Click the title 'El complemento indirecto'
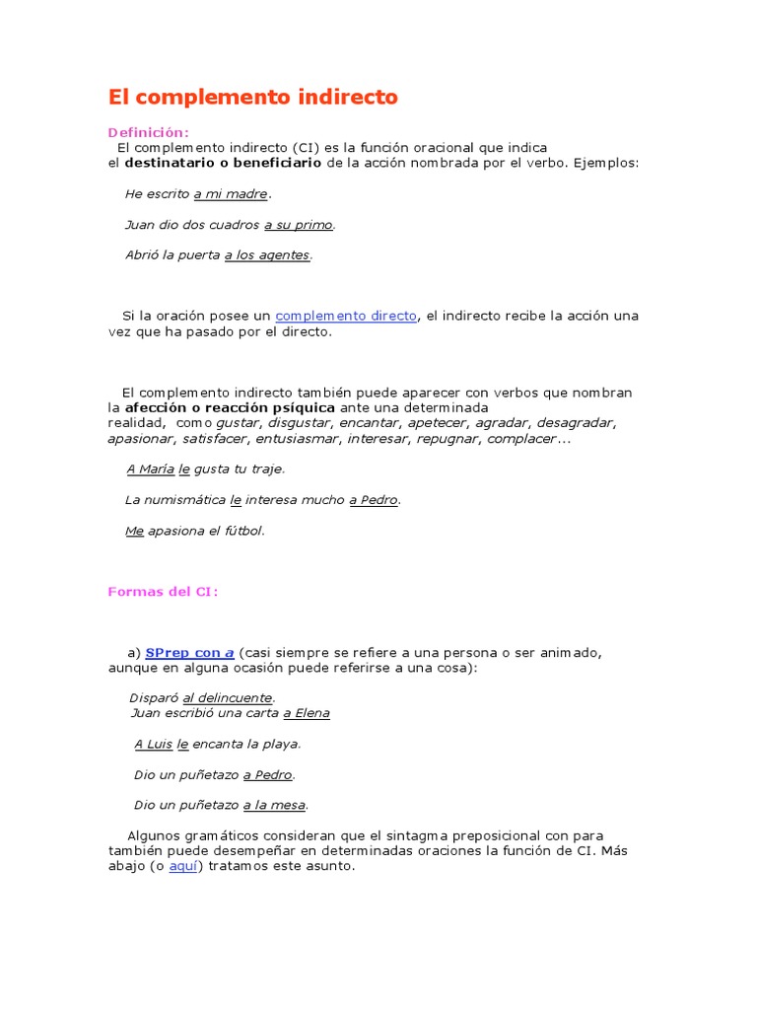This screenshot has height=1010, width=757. point(252,97)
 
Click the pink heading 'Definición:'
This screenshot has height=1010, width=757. point(148,132)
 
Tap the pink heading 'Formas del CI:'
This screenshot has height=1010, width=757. point(162,591)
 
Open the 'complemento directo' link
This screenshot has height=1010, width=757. point(346,316)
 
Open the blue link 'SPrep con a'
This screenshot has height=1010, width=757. point(189,652)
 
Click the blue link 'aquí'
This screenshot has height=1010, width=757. point(183,866)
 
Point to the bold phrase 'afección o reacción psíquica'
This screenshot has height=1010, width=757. point(230,407)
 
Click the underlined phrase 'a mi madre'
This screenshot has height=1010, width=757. point(231,194)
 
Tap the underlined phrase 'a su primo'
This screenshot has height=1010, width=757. point(299,225)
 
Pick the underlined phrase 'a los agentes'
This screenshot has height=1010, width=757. point(267,255)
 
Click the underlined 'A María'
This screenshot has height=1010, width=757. point(150,469)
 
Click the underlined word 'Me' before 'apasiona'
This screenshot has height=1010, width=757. point(134,531)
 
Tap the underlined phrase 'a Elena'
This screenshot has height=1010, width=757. point(307,713)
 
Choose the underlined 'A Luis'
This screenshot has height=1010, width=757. point(153,744)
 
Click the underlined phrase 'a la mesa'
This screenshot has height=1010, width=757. point(274,805)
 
